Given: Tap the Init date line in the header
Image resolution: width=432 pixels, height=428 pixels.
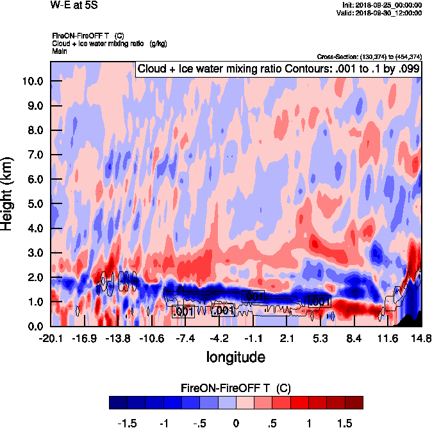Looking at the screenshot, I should [383, 5].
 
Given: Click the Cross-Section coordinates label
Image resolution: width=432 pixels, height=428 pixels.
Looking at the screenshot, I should [369, 56].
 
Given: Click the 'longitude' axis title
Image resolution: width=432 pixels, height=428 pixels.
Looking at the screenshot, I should [235, 356].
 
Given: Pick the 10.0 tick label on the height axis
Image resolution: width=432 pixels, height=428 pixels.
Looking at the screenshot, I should [33, 81].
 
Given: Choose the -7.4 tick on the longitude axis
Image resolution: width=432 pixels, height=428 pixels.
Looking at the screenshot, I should [185, 338].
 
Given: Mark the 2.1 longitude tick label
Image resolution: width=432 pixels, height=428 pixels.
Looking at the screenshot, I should [287, 338].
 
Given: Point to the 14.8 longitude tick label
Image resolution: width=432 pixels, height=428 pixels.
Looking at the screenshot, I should [421, 338].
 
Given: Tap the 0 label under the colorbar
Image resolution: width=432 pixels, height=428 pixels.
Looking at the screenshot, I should [236, 424].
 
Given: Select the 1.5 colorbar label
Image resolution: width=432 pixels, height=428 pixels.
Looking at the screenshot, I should [345, 424].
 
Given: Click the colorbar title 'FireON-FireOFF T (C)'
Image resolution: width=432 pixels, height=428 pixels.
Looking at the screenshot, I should [236, 388].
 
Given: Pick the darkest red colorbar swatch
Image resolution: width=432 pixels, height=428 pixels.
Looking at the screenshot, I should [354, 403].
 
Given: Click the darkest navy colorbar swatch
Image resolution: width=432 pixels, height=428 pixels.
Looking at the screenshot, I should [118, 403].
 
